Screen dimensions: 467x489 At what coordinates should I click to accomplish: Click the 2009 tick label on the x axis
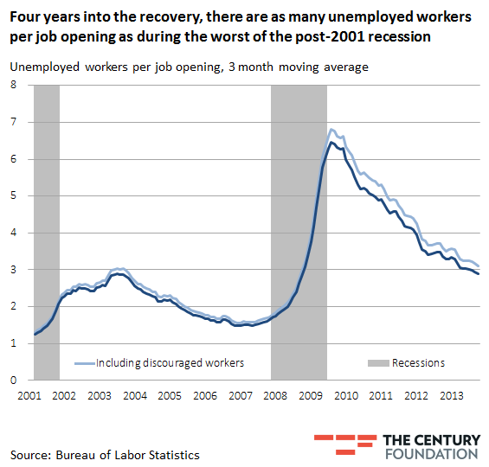coord(311,396)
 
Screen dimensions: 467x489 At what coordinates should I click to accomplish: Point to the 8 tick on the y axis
coord(14,85)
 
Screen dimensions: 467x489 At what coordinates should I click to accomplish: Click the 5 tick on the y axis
coord(14,195)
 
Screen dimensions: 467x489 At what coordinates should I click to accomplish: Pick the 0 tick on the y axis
coord(14,380)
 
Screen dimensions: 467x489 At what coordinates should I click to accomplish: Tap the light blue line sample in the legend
coord(84,363)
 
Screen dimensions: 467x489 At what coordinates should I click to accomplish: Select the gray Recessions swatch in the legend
coord(377,363)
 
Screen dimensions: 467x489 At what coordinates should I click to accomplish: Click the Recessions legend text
coord(418,363)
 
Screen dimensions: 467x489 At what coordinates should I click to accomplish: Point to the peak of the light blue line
coord(331,130)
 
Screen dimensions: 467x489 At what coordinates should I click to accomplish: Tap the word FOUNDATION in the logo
coord(429,453)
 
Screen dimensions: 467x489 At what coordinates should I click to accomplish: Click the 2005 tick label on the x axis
coord(170,396)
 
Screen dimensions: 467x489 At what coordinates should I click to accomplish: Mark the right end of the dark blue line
coord(479,274)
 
